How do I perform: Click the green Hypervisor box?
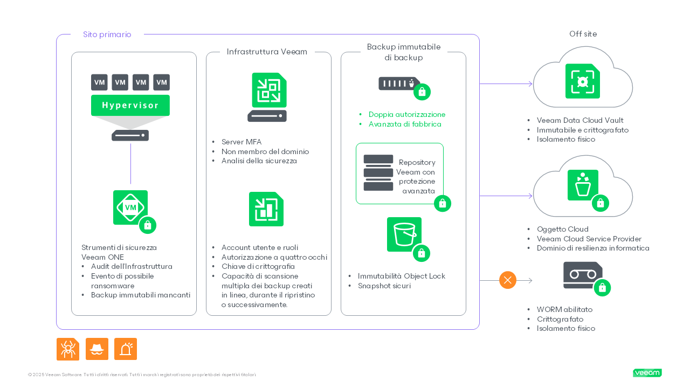point(130,105)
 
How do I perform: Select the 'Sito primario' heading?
point(107,34)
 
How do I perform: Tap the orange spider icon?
point(68,349)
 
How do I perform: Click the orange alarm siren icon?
point(126,349)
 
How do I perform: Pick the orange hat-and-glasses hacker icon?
point(97,349)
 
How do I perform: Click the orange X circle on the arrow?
point(507,280)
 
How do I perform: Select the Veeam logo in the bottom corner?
point(647,373)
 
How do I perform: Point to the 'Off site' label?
point(583,34)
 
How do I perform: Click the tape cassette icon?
point(583,275)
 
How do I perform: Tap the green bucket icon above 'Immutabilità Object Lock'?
point(404,234)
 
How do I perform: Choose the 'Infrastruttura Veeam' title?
point(267,52)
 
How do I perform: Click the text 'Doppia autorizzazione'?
point(407,114)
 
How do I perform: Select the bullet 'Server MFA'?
point(241,142)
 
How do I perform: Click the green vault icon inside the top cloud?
point(582,81)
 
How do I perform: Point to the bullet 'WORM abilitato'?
point(564,309)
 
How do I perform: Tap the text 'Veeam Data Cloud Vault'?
point(580,120)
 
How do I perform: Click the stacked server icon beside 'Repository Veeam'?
point(378,173)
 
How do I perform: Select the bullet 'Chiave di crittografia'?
point(258,266)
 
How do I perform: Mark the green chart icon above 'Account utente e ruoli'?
point(266,209)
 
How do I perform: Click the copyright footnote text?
point(142,375)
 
